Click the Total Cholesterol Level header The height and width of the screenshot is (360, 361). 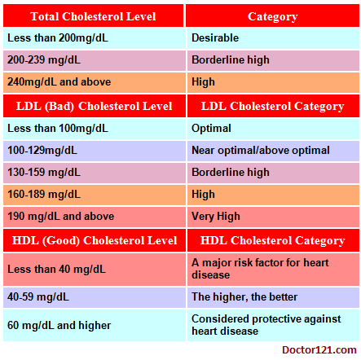[93, 16]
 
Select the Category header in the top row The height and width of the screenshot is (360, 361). [273, 16]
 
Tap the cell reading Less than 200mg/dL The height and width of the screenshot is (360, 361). [95, 38]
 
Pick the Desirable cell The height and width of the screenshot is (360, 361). [273, 38]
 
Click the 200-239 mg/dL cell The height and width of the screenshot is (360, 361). [95, 60]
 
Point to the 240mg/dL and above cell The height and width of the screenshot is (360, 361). [95, 82]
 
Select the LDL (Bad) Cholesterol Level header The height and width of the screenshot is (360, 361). [95, 106]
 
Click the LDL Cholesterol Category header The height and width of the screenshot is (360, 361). [273, 106]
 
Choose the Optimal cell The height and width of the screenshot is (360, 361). [273, 129]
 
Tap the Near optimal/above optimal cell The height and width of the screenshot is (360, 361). [273, 151]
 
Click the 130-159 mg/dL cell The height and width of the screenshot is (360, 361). [95, 173]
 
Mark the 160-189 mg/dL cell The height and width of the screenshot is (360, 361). [95, 195]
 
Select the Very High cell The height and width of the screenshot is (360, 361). [273, 217]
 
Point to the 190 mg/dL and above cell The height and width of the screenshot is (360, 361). [95, 217]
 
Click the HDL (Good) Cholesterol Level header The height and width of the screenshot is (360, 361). [95, 240]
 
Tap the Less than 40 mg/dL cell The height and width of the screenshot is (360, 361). [95, 270]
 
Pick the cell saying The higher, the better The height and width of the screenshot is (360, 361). [273, 297]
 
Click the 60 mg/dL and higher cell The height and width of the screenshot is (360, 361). [95, 325]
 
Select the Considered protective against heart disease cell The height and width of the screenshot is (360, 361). [273, 325]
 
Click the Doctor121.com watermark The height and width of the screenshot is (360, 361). [319, 350]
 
